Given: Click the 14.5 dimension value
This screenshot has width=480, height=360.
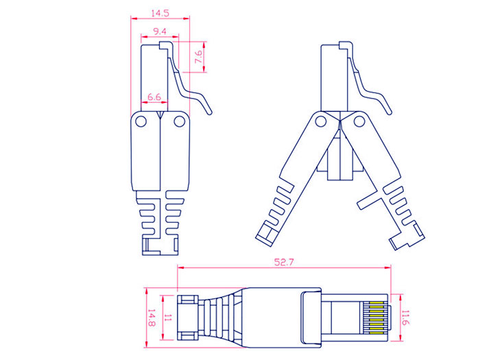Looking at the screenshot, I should pyautogui.click(x=160, y=13).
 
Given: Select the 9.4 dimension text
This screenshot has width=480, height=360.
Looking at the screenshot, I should pyautogui.click(x=159, y=31).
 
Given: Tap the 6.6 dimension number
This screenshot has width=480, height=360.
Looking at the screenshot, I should pyautogui.click(x=154, y=98).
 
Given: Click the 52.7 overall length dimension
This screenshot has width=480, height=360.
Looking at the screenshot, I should pyautogui.click(x=283, y=261).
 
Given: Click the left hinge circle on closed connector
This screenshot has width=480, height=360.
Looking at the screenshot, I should pyautogui.click(x=141, y=122).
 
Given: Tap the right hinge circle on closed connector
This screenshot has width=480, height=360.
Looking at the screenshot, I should pyautogui.click(x=180, y=122).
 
